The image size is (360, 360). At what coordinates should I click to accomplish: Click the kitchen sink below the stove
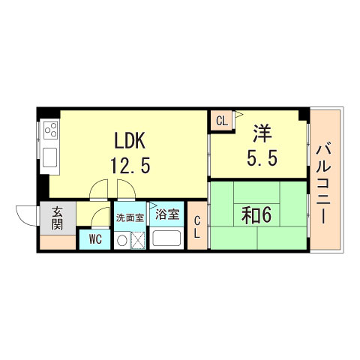(x=51, y=157)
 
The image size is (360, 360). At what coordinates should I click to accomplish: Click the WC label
(x=94, y=240)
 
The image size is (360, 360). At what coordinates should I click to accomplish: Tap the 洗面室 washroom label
(x=129, y=218)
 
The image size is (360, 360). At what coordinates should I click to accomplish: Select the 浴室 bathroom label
(x=166, y=214)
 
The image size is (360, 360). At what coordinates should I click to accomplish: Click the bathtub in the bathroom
(x=166, y=239)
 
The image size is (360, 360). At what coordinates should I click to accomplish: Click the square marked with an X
(x=138, y=241)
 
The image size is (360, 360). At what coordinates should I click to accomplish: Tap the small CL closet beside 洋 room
(x=221, y=120)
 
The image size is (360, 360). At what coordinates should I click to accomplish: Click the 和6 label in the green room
(x=256, y=215)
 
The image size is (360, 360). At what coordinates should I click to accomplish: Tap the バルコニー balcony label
(x=325, y=181)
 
